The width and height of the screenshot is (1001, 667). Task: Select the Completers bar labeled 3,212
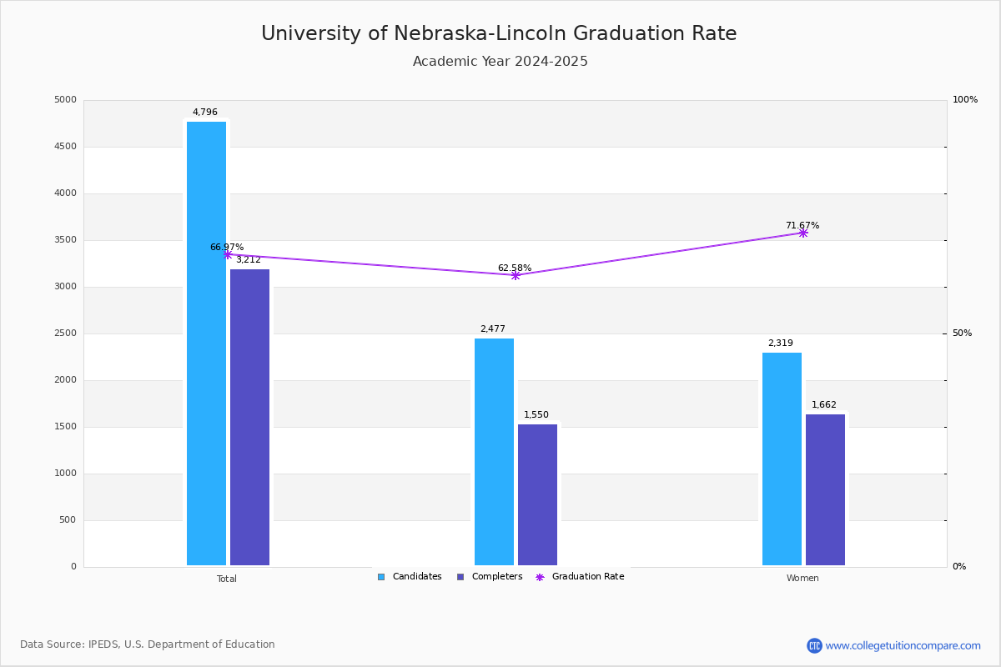[x=249, y=417]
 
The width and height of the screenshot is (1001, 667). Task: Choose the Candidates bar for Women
[x=782, y=459]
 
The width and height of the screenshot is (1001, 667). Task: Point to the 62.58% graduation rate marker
[x=516, y=275]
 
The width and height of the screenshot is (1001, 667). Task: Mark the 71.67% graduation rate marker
[x=802, y=233]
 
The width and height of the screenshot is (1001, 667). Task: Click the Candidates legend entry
[x=410, y=577]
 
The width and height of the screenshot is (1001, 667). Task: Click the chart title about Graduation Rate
[x=499, y=34]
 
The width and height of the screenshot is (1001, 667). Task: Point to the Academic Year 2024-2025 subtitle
[x=500, y=62]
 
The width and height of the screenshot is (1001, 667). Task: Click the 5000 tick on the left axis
[x=65, y=100]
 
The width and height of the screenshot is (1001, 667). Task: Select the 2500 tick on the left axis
[x=65, y=333]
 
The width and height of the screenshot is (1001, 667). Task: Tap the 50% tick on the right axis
[x=962, y=333]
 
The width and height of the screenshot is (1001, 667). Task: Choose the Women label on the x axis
[x=802, y=579]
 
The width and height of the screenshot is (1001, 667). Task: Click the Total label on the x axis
[x=227, y=579]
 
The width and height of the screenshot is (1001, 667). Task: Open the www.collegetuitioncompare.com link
[x=903, y=645]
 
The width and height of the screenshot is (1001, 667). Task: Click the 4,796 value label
[x=205, y=113]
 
